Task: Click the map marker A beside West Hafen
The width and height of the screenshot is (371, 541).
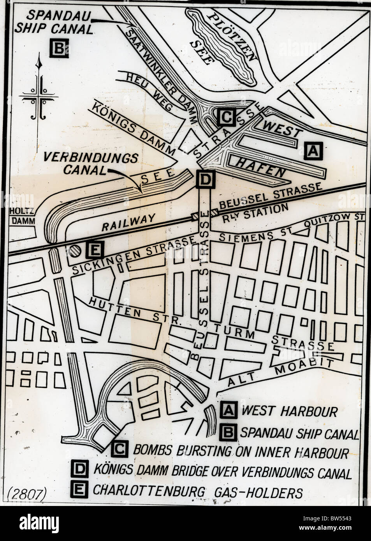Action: (313, 151)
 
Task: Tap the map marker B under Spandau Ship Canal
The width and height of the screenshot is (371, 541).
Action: (59, 48)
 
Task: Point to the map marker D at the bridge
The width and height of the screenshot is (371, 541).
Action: (205, 179)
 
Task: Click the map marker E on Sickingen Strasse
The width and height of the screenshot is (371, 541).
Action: (94, 250)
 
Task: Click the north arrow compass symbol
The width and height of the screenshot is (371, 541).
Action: (39, 90)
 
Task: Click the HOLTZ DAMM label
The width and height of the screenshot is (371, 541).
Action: (23, 216)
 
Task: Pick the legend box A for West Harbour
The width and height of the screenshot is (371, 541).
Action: (229, 410)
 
